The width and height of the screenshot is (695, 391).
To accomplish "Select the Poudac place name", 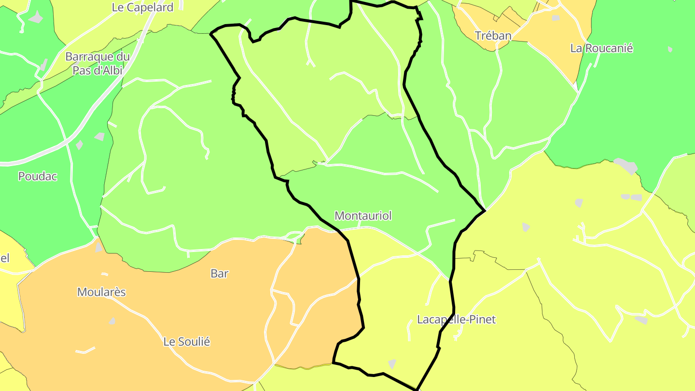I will tap(38, 177).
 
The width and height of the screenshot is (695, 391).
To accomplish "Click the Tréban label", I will tap(493, 36).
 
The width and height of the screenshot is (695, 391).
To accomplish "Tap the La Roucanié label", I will tap(601, 48).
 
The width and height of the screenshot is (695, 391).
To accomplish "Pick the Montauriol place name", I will tap(363, 216).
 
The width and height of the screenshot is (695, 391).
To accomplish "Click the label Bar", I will tap(219, 274).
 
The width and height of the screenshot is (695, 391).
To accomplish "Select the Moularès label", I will tap(101, 292).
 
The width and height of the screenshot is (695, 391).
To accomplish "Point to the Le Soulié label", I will tap(187, 342).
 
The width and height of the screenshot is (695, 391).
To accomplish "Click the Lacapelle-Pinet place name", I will tap(456, 320).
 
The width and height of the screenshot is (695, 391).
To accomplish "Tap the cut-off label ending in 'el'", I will tap(5, 258).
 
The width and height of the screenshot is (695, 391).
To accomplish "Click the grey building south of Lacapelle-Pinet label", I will tap(392, 363).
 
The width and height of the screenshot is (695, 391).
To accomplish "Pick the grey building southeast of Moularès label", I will tap(112, 321).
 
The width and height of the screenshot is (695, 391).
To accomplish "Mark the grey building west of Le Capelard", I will tap(35, 18).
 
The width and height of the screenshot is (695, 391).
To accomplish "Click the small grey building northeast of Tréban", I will tap(556, 18).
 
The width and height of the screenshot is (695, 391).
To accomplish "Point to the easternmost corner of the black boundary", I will tap(485, 210).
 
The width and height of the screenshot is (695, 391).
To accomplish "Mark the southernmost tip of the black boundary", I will tap(417, 389).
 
